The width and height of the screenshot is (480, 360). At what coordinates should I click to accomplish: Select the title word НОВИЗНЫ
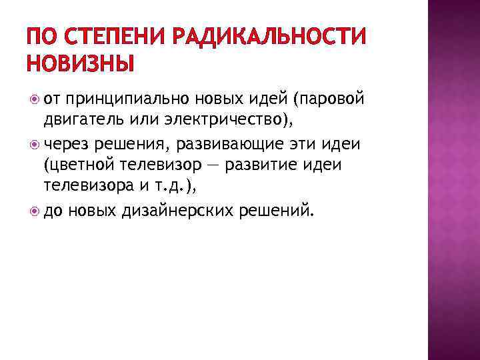pos(80,64)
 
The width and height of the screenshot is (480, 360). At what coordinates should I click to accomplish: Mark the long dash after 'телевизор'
pos(212,165)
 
